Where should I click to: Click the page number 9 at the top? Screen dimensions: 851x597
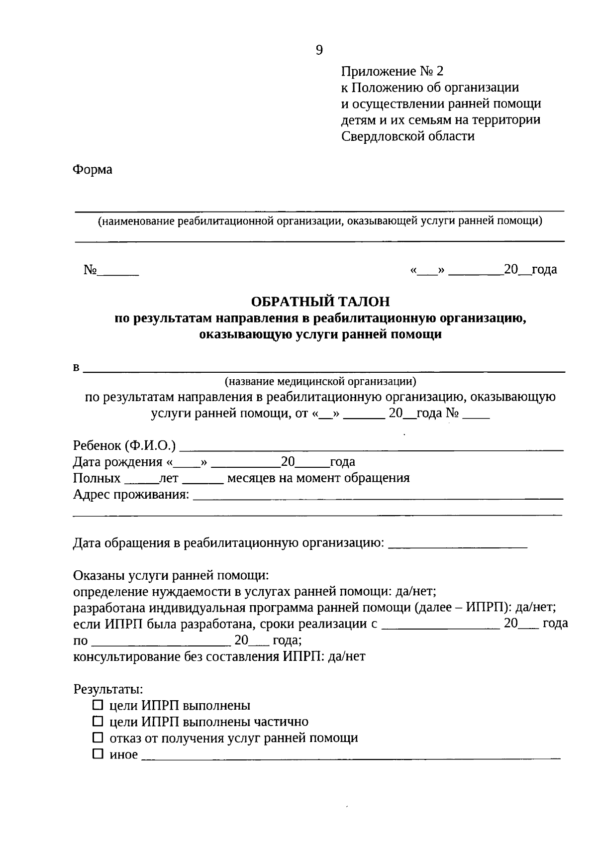pos(319,50)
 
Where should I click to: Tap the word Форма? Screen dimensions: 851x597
pos(93,170)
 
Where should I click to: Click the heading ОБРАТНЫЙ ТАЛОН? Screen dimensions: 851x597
pos(320,302)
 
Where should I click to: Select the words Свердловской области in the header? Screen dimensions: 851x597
pos(408,136)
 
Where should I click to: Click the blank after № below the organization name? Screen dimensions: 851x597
pos(118,272)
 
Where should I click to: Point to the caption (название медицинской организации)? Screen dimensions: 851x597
pos(320,382)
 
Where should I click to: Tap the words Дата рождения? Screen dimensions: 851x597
pos(117,462)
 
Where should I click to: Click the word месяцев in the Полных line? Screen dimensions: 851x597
pos(250,479)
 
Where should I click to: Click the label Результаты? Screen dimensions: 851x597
pos(108,689)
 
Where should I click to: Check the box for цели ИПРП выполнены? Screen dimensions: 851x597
pos(98,705)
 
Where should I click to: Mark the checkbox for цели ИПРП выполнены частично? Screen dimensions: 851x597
pos(98,721)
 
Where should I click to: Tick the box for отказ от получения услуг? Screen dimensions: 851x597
pos(98,738)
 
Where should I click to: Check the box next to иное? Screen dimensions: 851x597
pos(98,754)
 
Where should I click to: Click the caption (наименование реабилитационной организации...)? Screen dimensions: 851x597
pos(319,221)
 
